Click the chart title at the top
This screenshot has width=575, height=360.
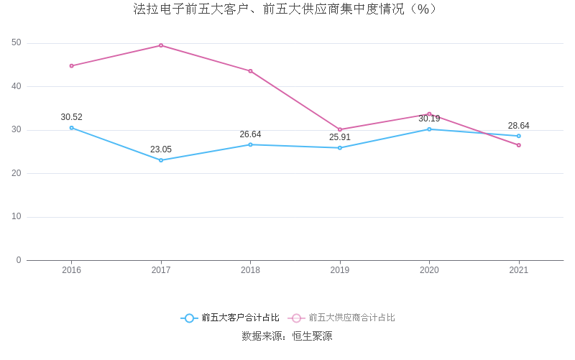(x=285, y=9)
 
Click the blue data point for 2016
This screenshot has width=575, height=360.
(x=71, y=128)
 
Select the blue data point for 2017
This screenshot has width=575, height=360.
(x=161, y=160)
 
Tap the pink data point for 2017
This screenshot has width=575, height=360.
(x=161, y=45)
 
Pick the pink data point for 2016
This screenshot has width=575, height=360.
(x=71, y=65)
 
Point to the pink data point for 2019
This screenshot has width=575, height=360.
(x=340, y=129)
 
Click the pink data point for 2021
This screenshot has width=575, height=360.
(x=519, y=145)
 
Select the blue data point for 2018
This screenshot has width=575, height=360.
(x=250, y=144)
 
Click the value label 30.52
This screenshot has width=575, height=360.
(x=71, y=117)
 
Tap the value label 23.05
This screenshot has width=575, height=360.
(x=161, y=149)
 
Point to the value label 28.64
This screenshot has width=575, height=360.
(x=519, y=126)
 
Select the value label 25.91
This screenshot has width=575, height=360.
(x=340, y=137)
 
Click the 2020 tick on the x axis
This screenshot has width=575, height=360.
(x=429, y=270)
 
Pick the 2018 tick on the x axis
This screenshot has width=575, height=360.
(x=250, y=270)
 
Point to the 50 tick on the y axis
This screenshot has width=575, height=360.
(x=17, y=43)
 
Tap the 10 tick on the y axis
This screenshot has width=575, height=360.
(x=17, y=217)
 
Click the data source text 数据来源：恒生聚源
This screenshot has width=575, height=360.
(x=287, y=336)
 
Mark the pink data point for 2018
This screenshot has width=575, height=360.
(x=250, y=71)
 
